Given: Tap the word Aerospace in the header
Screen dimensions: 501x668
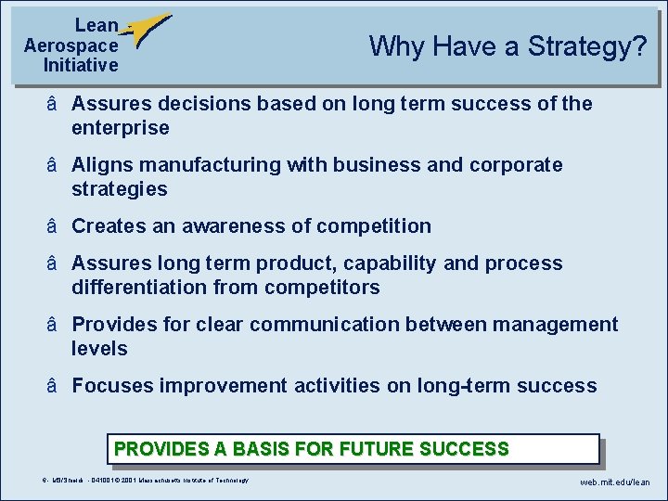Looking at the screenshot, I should point(71,45).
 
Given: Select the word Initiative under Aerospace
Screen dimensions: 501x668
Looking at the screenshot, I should point(81,65).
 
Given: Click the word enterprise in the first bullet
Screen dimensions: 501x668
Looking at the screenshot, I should point(121,128).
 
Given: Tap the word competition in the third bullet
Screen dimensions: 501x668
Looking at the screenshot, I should point(374,226).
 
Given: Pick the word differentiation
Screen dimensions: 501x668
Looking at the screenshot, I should point(139,288).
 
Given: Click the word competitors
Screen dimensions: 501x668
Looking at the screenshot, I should point(322,288).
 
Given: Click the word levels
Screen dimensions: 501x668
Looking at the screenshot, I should point(99,349).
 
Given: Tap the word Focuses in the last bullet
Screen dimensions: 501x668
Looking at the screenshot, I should point(112,386).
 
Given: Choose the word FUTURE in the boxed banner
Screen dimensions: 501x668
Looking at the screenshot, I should point(378,450).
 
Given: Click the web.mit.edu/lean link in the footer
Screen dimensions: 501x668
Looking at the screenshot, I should point(615,482).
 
